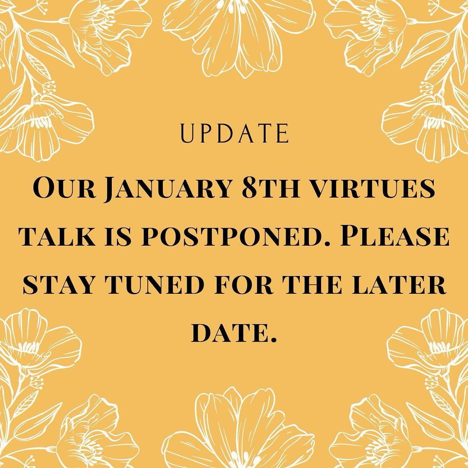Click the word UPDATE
coord(234,134)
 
